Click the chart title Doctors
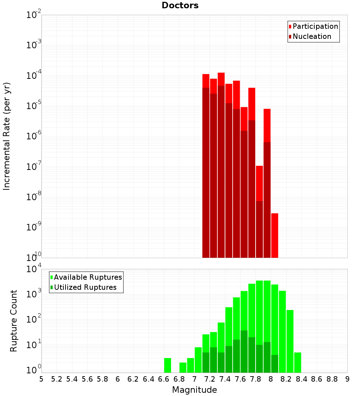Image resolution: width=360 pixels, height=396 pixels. (180, 5)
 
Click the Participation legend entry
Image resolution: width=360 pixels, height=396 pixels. (315, 27)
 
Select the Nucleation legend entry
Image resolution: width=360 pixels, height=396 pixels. (311, 37)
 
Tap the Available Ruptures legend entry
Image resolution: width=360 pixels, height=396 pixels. (87, 277)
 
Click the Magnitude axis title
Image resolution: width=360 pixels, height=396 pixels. (194, 390)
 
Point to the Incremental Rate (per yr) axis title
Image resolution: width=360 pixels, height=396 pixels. (7, 136)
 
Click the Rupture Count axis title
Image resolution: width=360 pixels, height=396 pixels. (14, 321)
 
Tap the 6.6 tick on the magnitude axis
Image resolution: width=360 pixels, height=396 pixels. (164, 379)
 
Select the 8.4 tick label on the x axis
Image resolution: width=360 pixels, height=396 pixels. (301, 379)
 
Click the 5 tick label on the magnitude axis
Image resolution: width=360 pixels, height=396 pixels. (41, 379)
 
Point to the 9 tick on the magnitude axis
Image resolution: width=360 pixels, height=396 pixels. (347, 379)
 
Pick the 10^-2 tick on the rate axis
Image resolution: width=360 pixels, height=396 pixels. (33, 15)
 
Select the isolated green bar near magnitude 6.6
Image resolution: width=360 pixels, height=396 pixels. (167, 365)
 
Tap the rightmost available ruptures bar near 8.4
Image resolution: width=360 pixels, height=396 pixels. (297, 362)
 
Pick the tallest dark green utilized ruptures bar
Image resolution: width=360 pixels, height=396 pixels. (244, 351)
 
